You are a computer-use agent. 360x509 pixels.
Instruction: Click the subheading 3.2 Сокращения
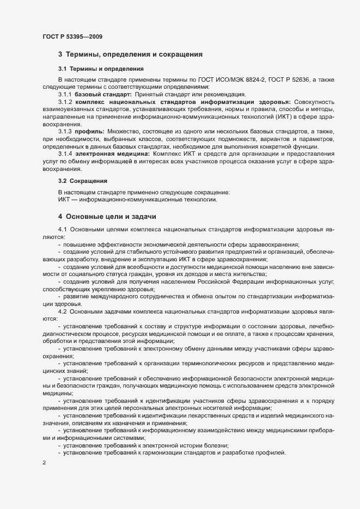pyautogui.click(x=82, y=180)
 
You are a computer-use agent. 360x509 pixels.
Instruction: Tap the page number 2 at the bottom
pyautogui.click(x=44, y=463)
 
